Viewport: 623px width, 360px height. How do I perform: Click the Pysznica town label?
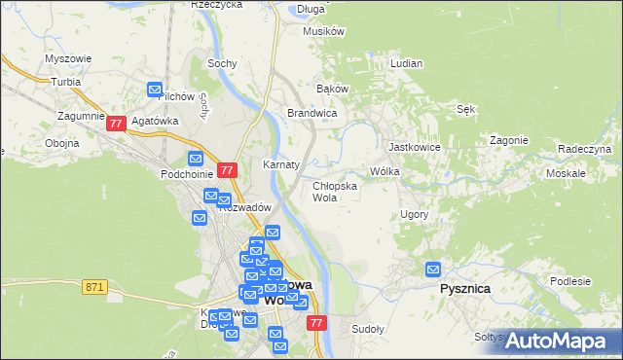coord(463,289)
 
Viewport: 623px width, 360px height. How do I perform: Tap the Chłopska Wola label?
coord(334,191)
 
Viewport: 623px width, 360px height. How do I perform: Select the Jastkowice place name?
coord(415,147)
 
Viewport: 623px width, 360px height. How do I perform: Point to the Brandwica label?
coord(311,113)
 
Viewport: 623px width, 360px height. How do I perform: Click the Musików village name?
coord(324,31)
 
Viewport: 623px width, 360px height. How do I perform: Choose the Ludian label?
coord(406,63)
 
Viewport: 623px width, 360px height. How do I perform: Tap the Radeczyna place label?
coord(584,149)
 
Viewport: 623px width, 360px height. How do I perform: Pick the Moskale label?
coord(566,172)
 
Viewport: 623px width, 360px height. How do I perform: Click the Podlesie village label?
coord(570,281)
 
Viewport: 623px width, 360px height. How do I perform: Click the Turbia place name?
coord(66,82)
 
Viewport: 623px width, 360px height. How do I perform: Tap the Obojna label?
coord(61,143)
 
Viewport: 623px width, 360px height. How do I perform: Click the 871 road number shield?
coord(94,286)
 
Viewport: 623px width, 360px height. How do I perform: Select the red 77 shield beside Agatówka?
coord(116,124)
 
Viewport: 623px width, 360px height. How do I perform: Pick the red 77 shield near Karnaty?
coord(227,170)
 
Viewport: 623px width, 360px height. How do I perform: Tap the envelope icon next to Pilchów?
coord(155,90)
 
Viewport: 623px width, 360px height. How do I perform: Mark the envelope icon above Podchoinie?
coord(195,159)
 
